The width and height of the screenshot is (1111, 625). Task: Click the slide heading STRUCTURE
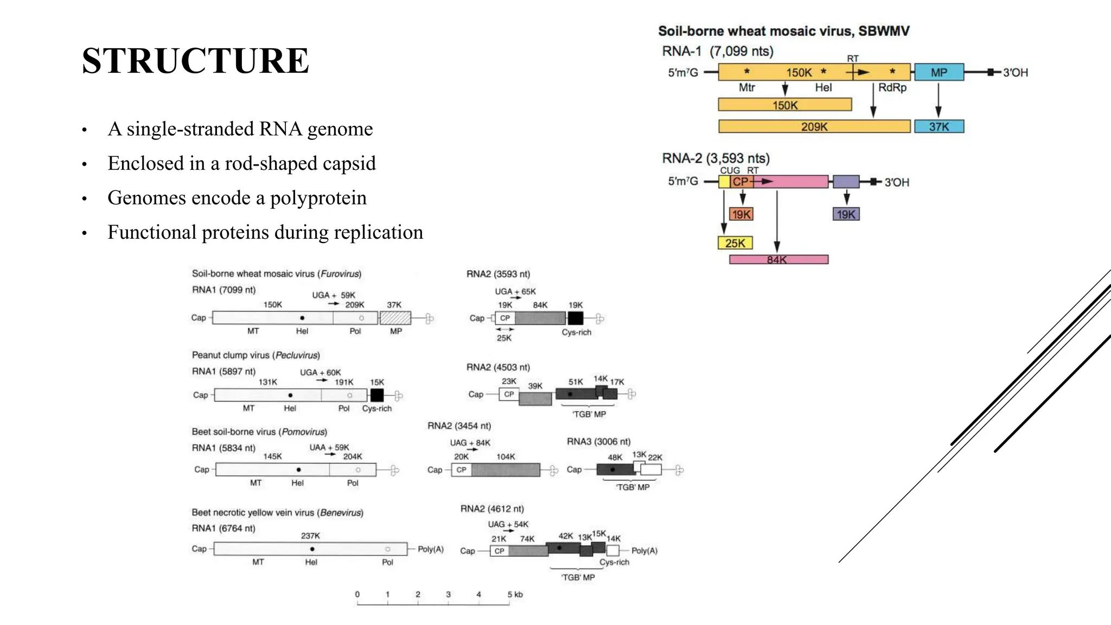tap(195, 60)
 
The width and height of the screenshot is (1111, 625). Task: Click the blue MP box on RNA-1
tap(939, 72)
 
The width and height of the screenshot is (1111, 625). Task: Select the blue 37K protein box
tap(939, 126)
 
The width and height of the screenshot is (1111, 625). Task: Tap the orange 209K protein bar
tap(814, 126)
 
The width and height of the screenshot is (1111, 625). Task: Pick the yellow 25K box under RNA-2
tap(735, 243)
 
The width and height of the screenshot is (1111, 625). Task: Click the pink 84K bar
tap(778, 259)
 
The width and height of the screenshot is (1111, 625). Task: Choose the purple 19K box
tap(846, 214)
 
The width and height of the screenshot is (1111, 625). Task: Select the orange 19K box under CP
tap(741, 214)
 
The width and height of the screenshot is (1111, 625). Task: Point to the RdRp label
tap(892, 87)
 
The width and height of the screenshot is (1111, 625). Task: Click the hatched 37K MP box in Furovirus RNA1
tap(395, 318)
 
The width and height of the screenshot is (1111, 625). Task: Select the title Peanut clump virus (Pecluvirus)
tap(256, 355)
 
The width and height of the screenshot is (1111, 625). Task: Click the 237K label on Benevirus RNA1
tap(310, 536)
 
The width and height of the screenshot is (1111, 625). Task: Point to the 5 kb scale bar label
tap(515, 595)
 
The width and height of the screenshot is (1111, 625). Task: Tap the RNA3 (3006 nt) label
tap(598, 442)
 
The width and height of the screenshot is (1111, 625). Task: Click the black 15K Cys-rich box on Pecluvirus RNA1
tap(376, 395)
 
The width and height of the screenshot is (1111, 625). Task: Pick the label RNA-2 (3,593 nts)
tap(716, 158)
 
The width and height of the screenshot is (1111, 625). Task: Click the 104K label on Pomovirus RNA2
tap(506, 457)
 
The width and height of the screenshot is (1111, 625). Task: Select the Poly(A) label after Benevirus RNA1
tap(431, 550)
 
